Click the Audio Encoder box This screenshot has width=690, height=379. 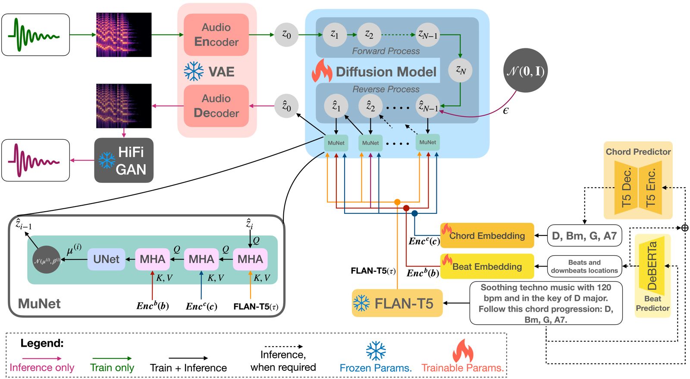click(x=216, y=34)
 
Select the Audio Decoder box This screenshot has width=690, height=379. click(x=216, y=106)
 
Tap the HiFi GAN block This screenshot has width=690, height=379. click(x=124, y=160)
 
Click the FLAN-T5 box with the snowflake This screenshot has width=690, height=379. click(x=397, y=304)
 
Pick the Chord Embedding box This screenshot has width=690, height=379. click(x=487, y=235)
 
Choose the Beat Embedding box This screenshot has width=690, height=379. click(x=487, y=266)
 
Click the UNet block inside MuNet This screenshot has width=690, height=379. click(x=106, y=259)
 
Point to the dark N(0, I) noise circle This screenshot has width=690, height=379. click(x=525, y=71)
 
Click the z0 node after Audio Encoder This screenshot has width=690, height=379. click(x=286, y=34)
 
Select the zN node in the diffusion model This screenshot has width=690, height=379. click(x=461, y=70)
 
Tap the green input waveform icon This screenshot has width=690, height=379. click(x=35, y=34)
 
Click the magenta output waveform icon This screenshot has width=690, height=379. click(x=35, y=160)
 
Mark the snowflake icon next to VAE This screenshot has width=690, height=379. click(x=194, y=72)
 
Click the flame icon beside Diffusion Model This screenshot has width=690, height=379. click(x=322, y=71)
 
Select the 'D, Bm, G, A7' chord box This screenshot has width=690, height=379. click(x=584, y=235)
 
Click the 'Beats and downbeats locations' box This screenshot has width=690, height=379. click(x=584, y=266)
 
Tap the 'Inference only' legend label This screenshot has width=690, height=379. click(x=42, y=367)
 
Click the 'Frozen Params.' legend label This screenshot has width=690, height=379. click(x=376, y=368)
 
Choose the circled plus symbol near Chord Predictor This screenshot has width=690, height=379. click(x=685, y=228)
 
